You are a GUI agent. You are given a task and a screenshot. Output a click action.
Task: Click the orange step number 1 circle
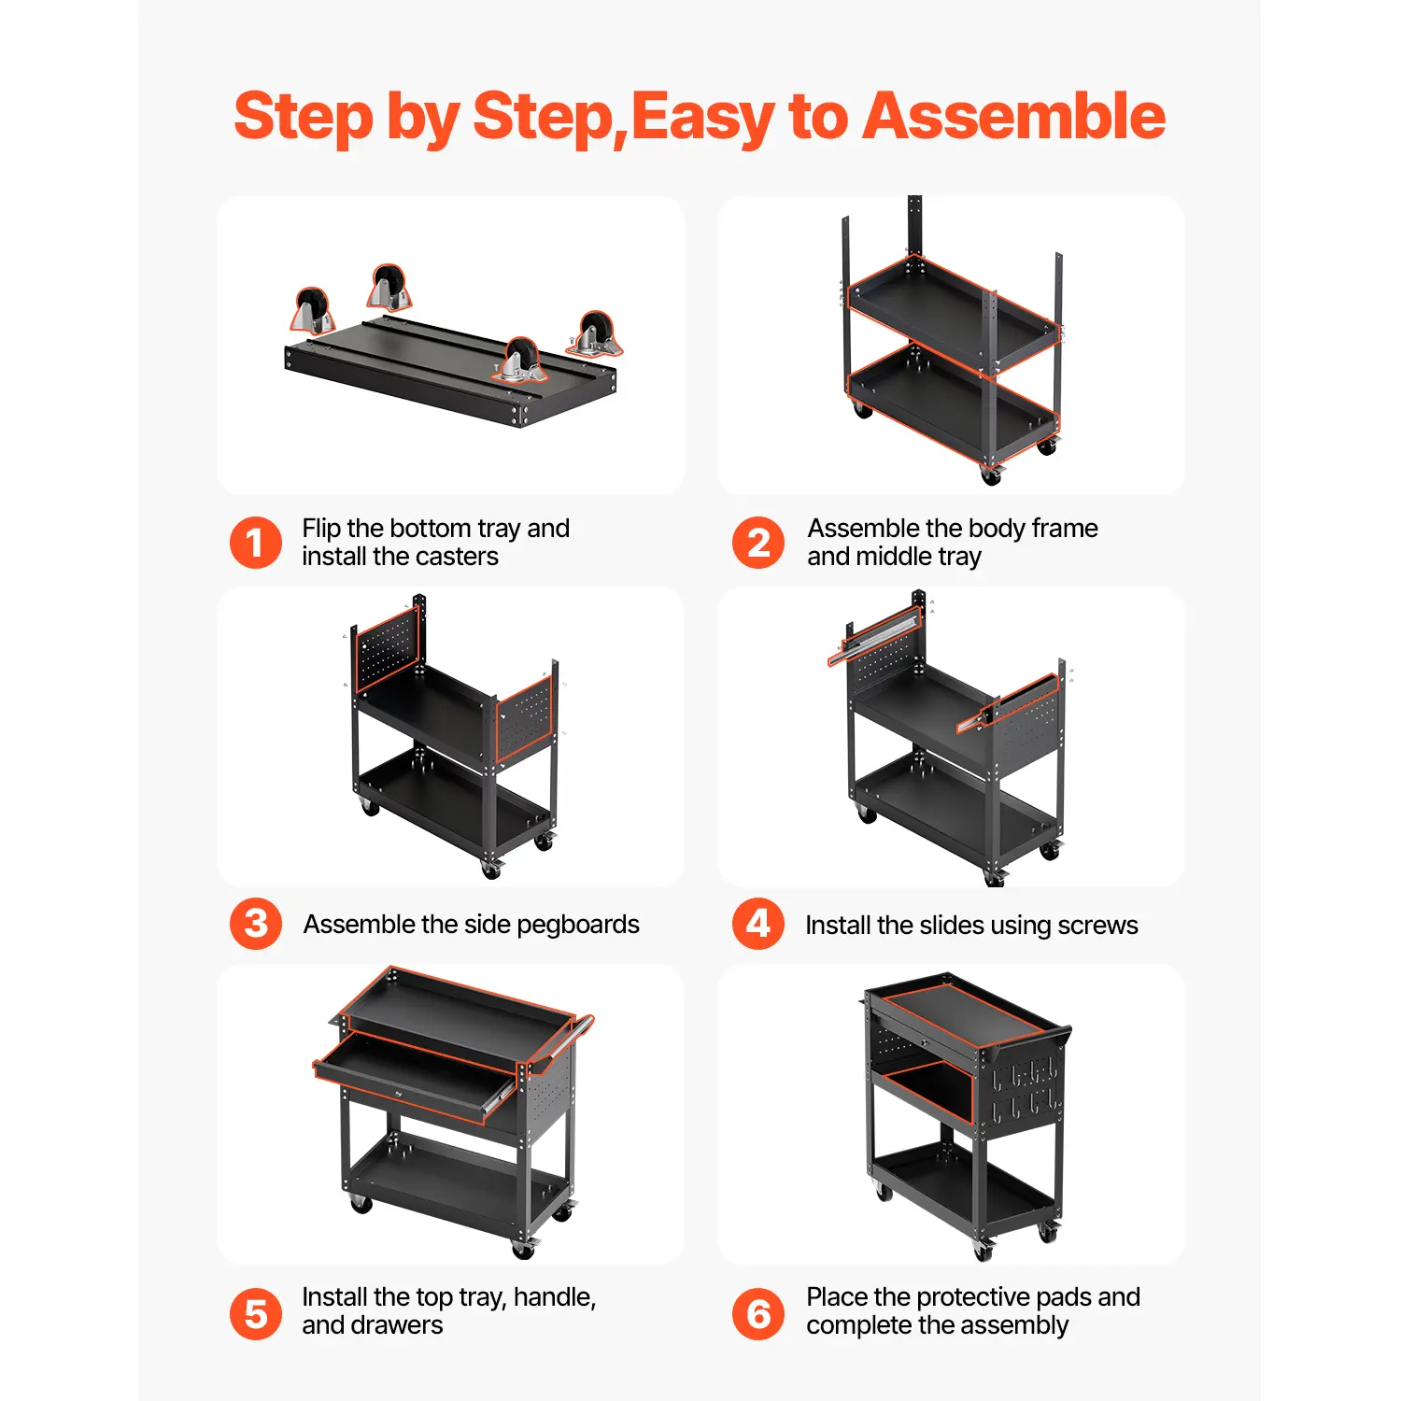click(x=255, y=543)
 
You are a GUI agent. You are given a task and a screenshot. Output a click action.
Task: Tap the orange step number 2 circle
click(x=758, y=543)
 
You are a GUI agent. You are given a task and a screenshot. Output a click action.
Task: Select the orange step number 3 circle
click(x=255, y=924)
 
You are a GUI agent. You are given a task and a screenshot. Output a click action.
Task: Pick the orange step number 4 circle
click(x=758, y=924)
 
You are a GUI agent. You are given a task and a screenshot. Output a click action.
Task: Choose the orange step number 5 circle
click(x=255, y=1314)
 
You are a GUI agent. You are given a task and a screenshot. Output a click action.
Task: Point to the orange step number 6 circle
click(x=758, y=1314)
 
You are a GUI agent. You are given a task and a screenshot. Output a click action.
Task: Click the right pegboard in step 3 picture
click(x=525, y=719)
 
